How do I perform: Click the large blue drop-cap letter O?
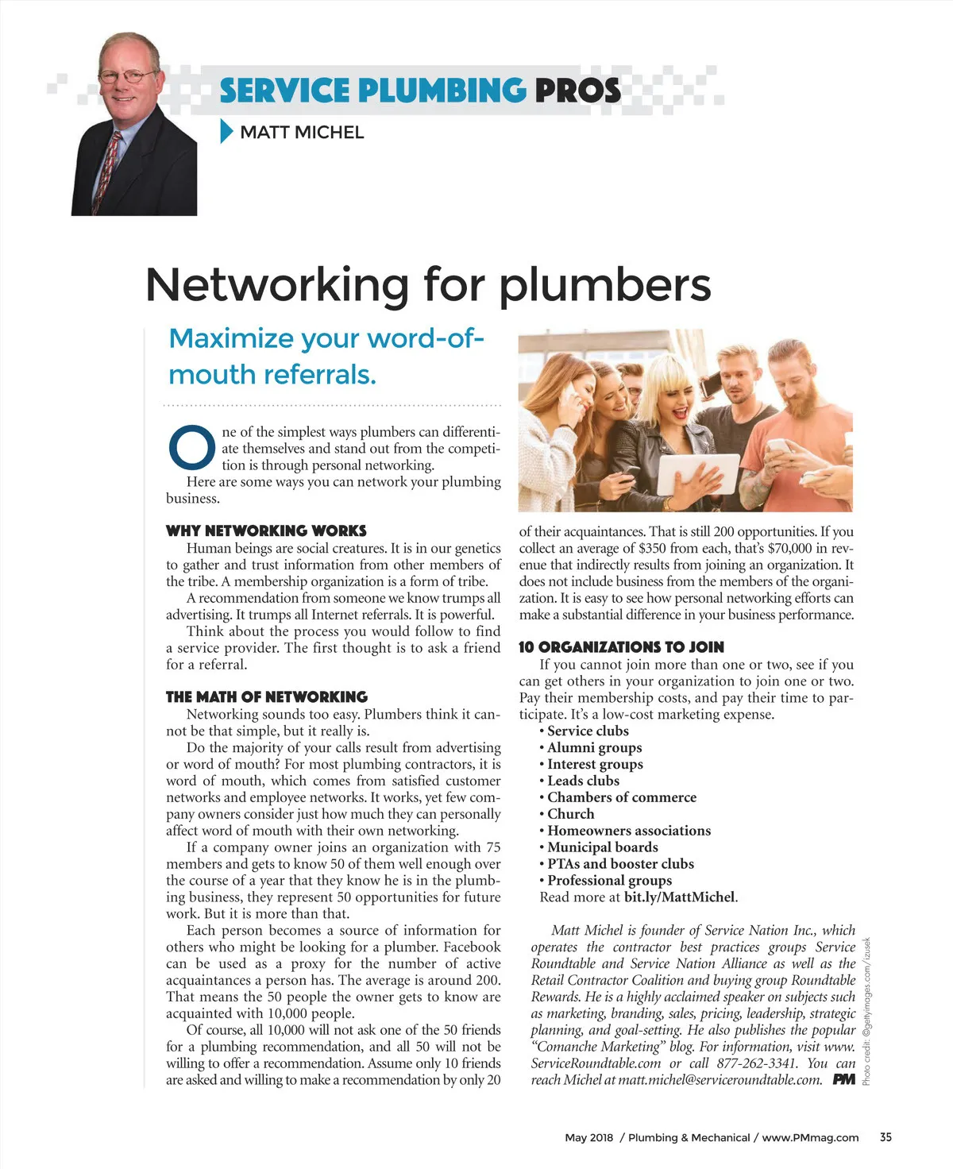coord(191,448)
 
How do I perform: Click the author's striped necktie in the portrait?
coord(107,171)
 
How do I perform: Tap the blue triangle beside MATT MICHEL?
coord(226,132)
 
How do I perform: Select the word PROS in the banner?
coord(577,91)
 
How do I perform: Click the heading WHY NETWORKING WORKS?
coord(266,530)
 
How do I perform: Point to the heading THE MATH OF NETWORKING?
coord(267,696)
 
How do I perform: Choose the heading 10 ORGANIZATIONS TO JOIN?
coord(621,647)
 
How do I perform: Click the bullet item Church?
coord(570,814)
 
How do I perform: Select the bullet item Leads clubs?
coord(583,781)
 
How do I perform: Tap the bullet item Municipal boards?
coord(602,847)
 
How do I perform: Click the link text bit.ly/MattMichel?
coord(680,897)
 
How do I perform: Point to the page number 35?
coord(885,1137)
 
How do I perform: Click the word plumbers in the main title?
coord(605,284)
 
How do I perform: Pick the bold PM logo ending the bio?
coord(844,1079)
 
